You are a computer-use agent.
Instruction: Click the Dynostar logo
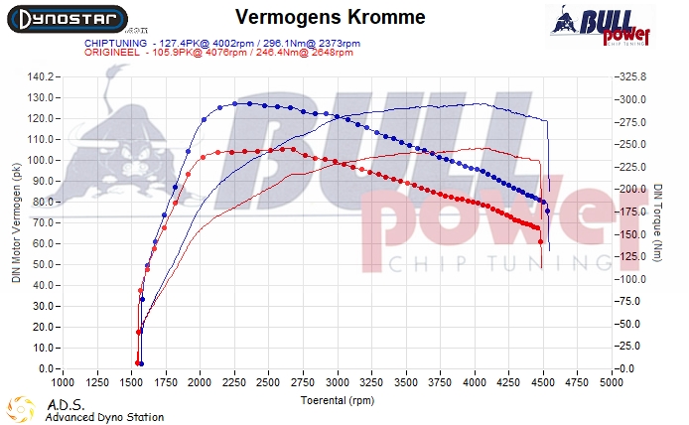65,18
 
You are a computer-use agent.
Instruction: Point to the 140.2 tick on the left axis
39,76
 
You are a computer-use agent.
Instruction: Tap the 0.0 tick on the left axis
45,369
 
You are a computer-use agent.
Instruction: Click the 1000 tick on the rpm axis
63,381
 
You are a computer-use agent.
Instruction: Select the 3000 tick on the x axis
338,381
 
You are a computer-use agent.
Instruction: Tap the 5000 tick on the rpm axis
612,381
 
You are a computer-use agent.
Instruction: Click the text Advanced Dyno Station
104,417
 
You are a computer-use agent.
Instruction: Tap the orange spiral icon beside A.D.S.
20,409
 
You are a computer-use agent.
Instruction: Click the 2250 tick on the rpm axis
234,381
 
